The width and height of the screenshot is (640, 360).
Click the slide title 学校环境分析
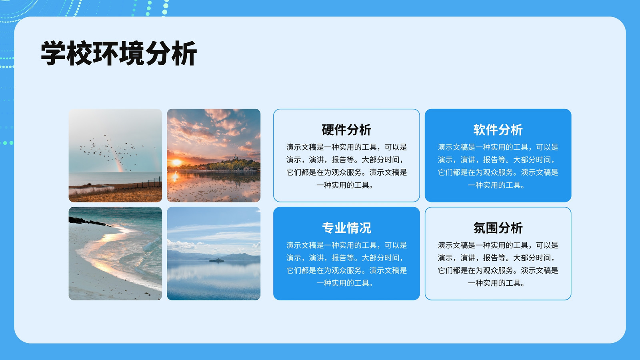point(119,54)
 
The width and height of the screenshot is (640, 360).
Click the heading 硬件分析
point(346,130)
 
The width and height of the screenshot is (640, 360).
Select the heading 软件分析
point(498,130)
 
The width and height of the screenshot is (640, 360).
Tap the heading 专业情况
point(346,228)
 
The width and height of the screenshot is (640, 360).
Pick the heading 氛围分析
point(498,228)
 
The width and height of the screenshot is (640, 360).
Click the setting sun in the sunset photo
point(176,162)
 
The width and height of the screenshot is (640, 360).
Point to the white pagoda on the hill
point(235,156)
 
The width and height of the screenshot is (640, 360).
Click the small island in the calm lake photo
point(216,260)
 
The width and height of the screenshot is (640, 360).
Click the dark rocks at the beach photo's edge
point(86,221)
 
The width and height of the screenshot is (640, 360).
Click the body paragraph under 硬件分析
point(346,166)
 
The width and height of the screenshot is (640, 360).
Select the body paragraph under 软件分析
point(498,166)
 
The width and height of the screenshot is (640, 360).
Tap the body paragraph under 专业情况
point(346,264)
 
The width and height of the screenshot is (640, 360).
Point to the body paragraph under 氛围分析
point(498,264)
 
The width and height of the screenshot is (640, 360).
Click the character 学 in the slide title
point(53,54)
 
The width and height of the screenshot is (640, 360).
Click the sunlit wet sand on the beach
point(106,254)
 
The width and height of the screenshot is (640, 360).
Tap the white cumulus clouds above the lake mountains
point(183,245)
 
